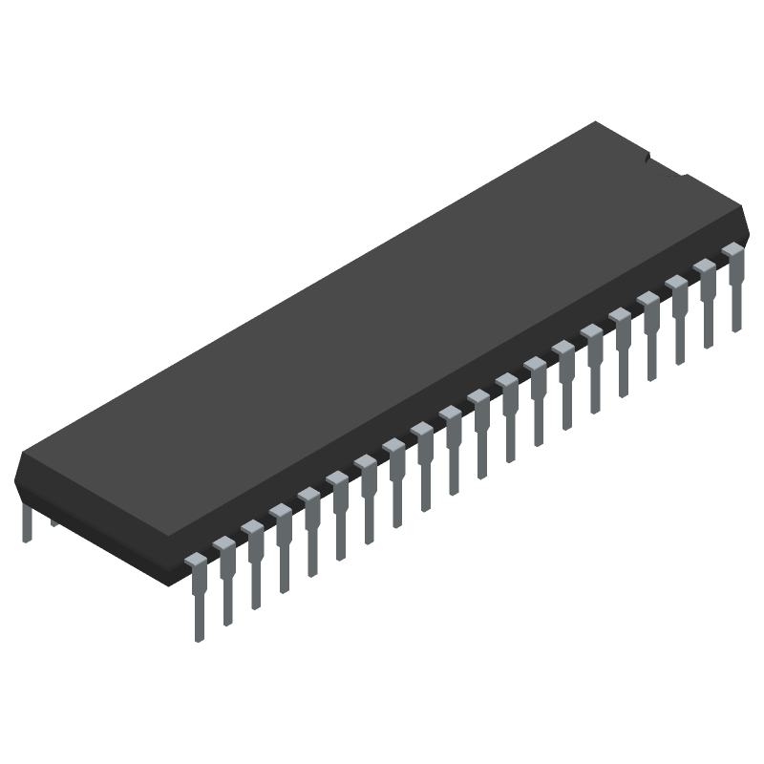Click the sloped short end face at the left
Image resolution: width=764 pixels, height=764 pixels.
95,516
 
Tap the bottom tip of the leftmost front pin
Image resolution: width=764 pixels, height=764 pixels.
198,637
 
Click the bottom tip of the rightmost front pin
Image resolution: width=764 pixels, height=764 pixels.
736,328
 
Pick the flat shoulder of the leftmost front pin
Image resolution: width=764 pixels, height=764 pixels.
195,559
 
